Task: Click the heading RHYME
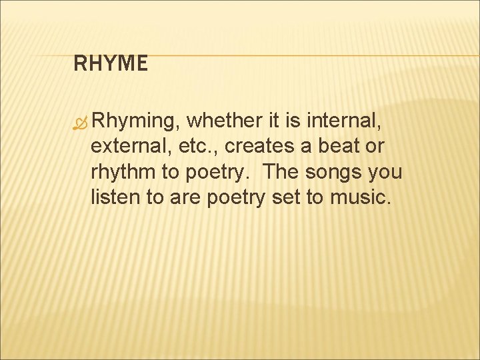pos(110,64)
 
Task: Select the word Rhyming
pos(137,121)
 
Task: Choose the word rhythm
pos(123,172)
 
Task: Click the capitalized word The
pos(282,171)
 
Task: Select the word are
pos(181,197)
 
